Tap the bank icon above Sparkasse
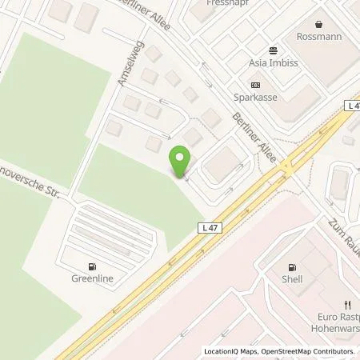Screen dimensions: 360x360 pyautogui.click(x=255, y=85)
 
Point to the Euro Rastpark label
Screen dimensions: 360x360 pyautogui.click(x=334, y=318)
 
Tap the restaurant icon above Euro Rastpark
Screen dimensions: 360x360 pyautogui.click(x=346, y=304)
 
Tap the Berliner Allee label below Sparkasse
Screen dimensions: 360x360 pyautogui.click(x=254, y=138)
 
